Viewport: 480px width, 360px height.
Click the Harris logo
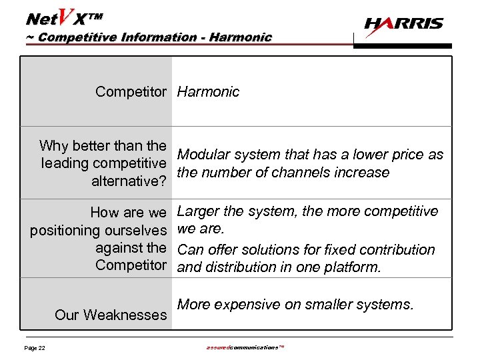tap(403, 25)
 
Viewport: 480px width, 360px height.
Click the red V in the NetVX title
tap(66, 13)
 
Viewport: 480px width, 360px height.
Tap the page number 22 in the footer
tap(34, 348)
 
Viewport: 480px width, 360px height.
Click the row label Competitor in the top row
tap(130, 92)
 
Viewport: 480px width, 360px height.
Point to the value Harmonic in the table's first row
tap(208, 92)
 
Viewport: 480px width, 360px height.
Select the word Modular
tap(203, 155)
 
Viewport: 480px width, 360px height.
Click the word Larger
tap(199, 212)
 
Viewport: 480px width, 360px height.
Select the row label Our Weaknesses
tap(110, 315)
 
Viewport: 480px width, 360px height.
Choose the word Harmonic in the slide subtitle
tap(240, 37)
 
